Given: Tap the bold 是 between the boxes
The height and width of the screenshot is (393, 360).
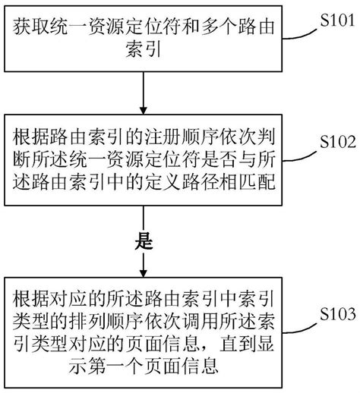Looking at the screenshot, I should coord(144,243).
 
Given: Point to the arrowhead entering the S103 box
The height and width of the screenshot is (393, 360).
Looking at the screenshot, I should coord(143,273).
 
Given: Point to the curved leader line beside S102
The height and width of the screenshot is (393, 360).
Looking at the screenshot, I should coord(297,149).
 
